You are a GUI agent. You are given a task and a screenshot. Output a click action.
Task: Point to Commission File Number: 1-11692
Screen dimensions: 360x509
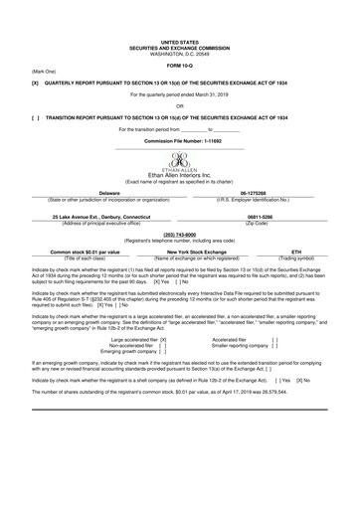(x=180, y=142)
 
